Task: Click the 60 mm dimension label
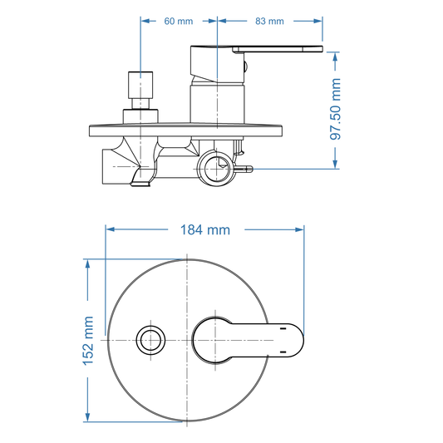[x=178, y=21]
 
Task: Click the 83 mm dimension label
[x=269, y=21]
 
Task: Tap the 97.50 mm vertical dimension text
[x=335, y=109]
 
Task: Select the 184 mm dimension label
[x=205, y=229]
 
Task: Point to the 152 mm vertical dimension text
[x=88, y=341]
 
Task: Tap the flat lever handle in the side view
[x=278, y=49]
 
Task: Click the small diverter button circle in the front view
[x=150, y=340]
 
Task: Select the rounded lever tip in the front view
[x=294, y=340]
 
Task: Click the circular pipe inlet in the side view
[x=216, y=169]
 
